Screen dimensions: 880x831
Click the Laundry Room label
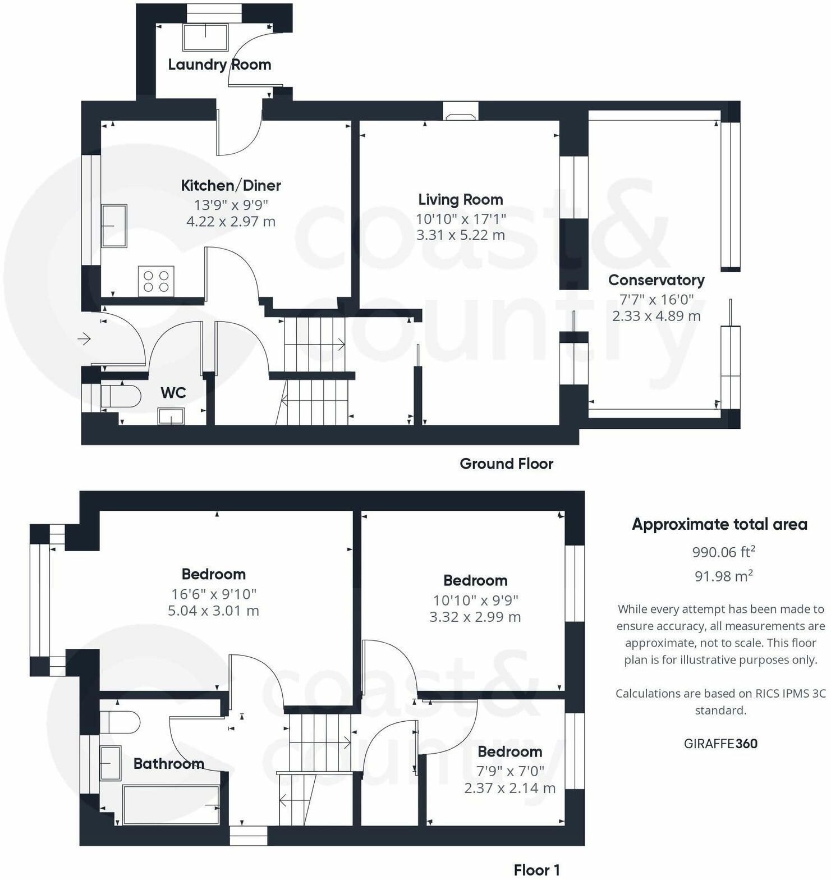(219, 65)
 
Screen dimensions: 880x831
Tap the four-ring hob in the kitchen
(156, 281)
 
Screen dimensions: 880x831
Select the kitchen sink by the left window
(114, 226)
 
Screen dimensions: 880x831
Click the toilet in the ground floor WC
(120, 396)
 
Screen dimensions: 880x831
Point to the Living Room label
(460, 200)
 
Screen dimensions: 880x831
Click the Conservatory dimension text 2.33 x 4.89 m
(656, 316)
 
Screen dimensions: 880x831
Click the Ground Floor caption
(506, 464)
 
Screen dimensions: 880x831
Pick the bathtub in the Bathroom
(171, 805)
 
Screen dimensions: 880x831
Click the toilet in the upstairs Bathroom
(120, 722)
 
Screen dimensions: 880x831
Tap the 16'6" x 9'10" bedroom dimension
(214, 594)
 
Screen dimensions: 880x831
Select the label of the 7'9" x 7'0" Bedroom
(509, 752)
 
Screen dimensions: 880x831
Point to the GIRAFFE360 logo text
(720, 744)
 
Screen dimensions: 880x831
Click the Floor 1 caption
(536, 870)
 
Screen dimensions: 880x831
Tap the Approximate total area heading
(719, 525)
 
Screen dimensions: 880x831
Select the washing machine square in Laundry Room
(206, 37)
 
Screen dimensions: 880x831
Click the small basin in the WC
(171, 416)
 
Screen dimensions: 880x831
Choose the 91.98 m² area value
(723, 576)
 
